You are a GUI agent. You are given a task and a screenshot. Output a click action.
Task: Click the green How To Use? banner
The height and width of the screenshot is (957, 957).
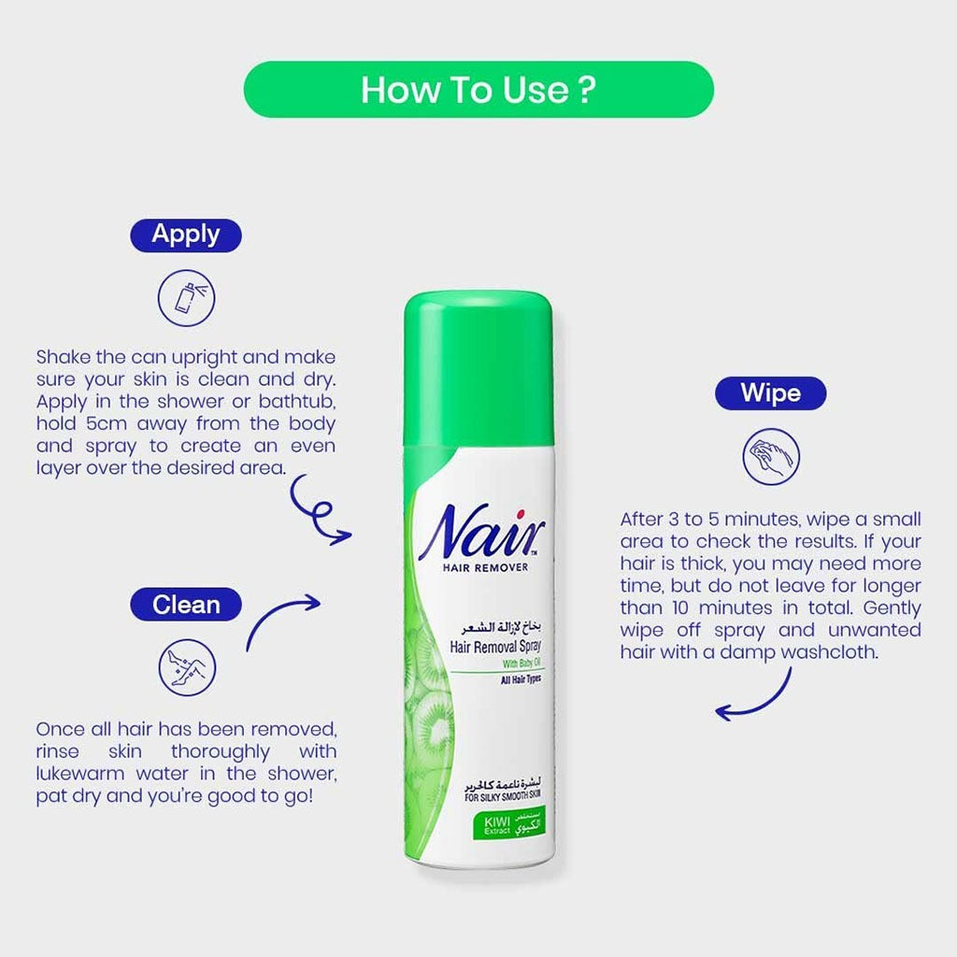click(478, 90)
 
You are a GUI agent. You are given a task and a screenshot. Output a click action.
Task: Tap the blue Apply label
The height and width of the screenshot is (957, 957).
click(185, 235)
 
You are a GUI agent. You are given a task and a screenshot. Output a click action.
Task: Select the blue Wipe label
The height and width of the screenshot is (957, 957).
click(770, 393)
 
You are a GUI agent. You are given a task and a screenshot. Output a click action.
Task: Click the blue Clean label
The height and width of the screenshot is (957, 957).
click(185, 605)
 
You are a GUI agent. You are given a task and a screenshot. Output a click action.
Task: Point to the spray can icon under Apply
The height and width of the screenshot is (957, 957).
click(186, 298)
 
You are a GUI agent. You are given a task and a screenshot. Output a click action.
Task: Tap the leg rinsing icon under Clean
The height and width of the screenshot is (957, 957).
click(187, 667)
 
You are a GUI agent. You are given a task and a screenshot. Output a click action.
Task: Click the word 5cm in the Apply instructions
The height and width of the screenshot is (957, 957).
click(98, 423)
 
